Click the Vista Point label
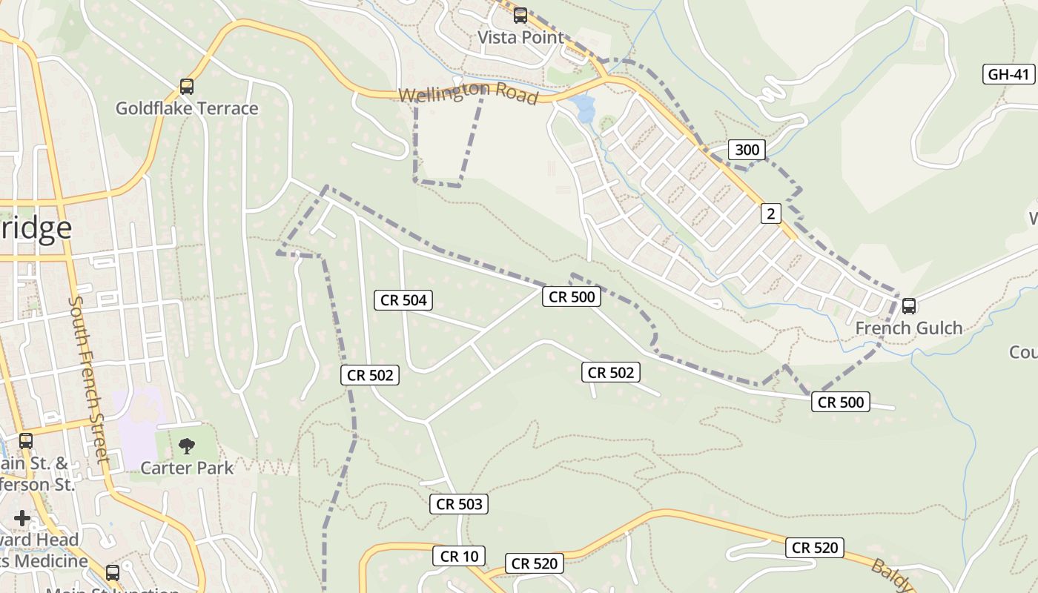point(520,37)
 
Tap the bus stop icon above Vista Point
point(520,15)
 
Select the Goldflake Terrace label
point(187,108)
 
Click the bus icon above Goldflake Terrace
point(187,87)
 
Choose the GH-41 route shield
point(1008,74)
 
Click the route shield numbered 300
point(747,150)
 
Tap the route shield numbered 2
point(771,214)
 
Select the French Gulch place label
point(909,328)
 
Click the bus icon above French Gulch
point(909,305)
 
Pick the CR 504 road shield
point(403,300)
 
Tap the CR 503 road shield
point(459,504)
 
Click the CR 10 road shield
point(459,556)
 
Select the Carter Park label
point(187,468)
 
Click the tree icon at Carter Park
point(187,445)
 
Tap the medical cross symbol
point(22,517)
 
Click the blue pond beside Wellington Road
point(584,108)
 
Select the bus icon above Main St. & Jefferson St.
point(26,441)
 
